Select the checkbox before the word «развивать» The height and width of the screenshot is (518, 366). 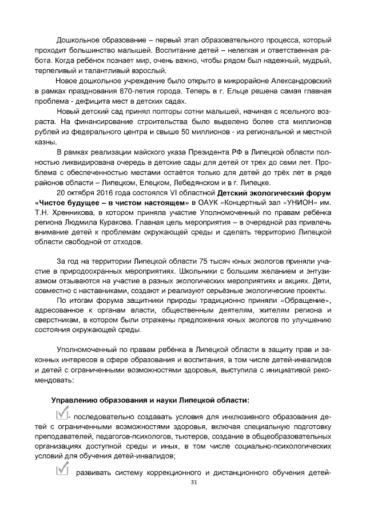[x=62, y=470]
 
